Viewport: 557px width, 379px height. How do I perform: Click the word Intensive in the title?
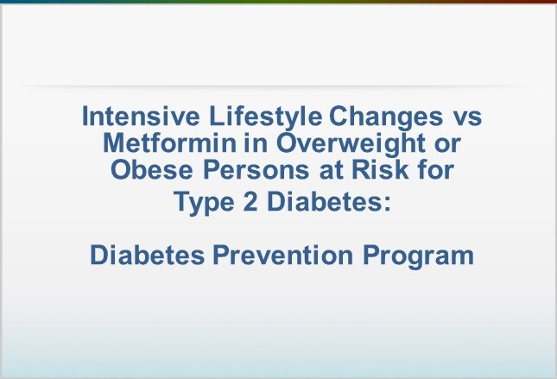tap(141, 117)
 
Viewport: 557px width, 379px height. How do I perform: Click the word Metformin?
tap(170, 142)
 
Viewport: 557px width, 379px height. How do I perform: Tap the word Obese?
tap(152, 170)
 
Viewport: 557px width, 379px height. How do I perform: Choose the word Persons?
tap(256, 170)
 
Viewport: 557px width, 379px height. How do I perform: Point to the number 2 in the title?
tap(250, 201)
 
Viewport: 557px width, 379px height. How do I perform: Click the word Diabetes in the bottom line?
tap(148, 255)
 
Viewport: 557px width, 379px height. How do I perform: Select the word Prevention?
tap(282, 255)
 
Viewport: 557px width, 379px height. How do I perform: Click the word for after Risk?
tap(435, 170)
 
